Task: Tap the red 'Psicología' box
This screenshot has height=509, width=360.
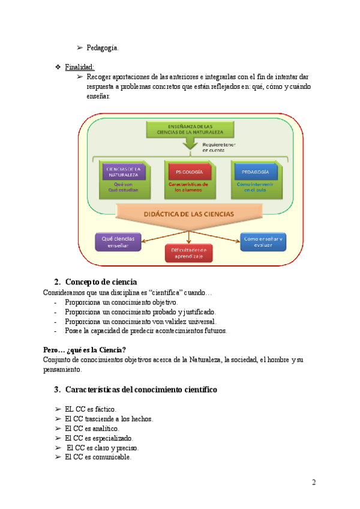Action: [x=188, y=172]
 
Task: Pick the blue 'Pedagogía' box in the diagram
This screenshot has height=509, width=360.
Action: [x=252, y=172]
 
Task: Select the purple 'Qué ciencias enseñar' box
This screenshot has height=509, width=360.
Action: [x=118, y=241]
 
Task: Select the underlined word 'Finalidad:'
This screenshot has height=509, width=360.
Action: [x=80, y=67]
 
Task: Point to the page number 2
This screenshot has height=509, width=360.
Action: [x=314, y=482]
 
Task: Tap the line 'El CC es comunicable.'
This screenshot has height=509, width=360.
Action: [x=98, y=457]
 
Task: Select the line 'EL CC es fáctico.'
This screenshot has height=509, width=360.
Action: [x=91, y=409]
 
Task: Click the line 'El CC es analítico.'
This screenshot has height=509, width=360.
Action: [x=92, y=429]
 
